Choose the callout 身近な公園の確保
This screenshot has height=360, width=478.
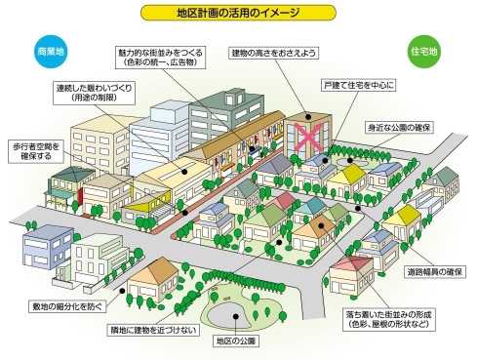(x=402, y=127)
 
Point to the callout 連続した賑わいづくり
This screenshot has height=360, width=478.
(x=95, y=93)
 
